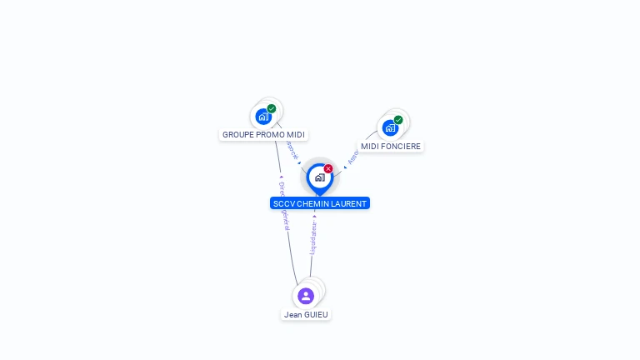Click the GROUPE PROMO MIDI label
pos(263,134)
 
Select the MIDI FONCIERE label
pos(391,146)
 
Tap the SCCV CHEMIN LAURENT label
pos(319,203)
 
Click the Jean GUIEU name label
pos(306,314)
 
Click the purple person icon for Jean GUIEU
pos(306,295)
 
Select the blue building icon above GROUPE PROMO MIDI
pos(263,116)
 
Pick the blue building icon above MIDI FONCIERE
pos(389,127)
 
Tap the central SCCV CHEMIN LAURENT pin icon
pos(319,177)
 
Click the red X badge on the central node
pos(328,168)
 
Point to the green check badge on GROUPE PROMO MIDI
pos(272,108)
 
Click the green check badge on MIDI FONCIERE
pos(398,120)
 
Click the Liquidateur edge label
pos(313,237)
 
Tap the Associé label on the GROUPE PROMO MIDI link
pos(292,150)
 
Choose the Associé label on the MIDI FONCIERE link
pos(353,156)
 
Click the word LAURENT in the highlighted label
pos(349,203)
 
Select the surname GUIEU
pos(317,314)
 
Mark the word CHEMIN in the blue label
pos(313,203)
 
